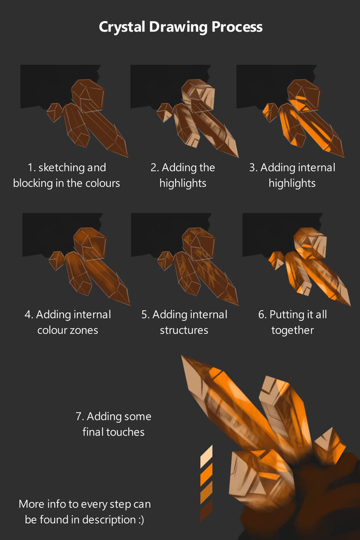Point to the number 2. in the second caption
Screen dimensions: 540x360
154,168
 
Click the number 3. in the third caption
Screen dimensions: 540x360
253,168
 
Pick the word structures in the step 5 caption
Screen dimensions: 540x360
184,330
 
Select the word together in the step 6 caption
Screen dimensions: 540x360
292,330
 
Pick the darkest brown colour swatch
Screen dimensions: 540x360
206,511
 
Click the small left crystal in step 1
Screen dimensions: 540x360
54,112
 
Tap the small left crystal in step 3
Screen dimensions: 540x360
270,112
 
